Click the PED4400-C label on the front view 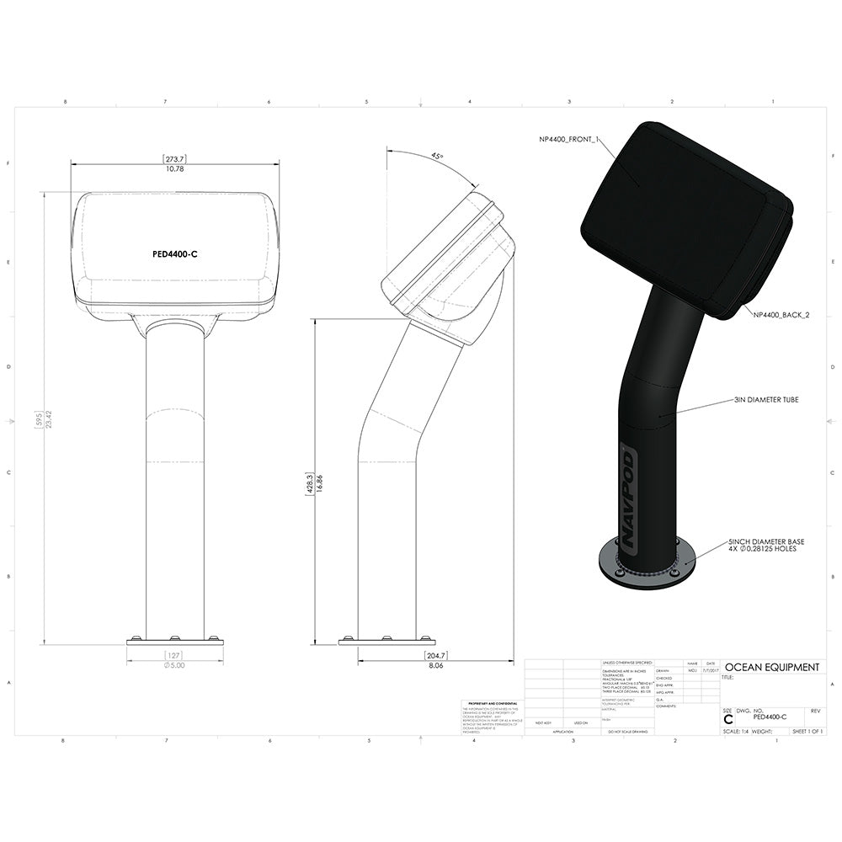coord(175,253)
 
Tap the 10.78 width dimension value coord(174,169)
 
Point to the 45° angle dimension coord(436,157)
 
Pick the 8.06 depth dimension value coord(436,665)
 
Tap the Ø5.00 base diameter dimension coord(175,665)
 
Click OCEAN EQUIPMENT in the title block coord(771,667)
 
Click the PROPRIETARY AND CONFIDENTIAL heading coord(490,702)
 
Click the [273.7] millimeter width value coord(174,158)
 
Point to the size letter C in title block coord(728,718)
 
